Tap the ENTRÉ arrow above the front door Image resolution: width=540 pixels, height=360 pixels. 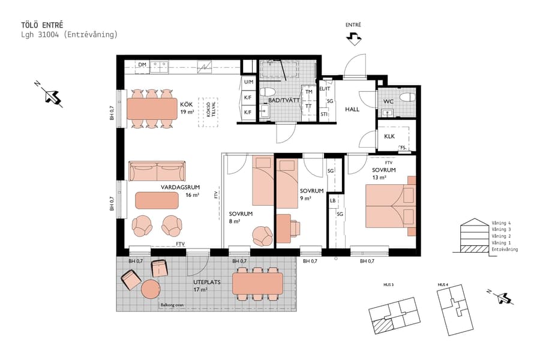tap(354, 38)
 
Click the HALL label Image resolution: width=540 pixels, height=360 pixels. tap(352, 109)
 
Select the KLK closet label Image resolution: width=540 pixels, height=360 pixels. tap(389, 137)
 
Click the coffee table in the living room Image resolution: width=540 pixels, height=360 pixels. tap(157, 200)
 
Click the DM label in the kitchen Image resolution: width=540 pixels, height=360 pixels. tap(142, 64)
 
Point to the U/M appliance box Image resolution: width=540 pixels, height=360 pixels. tap(248, 82)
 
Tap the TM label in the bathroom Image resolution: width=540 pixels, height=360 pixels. tap(308, 92)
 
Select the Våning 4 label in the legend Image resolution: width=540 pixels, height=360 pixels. tap(501, 223)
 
